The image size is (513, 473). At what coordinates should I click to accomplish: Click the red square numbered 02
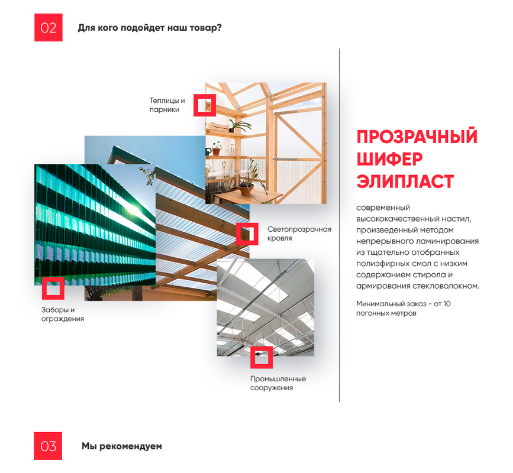coord(49,27)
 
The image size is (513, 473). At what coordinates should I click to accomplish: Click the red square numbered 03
coord(48,446)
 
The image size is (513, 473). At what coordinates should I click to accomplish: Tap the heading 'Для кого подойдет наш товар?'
coord(150,28)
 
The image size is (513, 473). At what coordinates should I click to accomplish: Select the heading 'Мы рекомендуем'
coord(122,446)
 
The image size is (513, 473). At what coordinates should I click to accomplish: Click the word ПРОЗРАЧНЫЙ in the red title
coord(417,137)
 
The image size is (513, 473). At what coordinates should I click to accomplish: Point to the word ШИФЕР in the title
coord(390,159)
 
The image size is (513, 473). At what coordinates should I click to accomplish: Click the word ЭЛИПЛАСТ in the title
coord(405,182)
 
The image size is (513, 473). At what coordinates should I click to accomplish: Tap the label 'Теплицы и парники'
coord(167,105)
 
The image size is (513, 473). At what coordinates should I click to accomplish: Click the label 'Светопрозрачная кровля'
coord(299,234)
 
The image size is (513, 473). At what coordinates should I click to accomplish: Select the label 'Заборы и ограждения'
coord(63,314)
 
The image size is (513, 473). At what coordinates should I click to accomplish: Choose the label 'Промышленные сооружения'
coord(278,383)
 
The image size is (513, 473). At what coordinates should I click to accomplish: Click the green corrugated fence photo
coord(95,225)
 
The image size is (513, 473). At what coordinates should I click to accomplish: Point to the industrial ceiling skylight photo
coord(265,307)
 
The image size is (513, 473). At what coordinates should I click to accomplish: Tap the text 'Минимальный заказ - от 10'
coord(404,304)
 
